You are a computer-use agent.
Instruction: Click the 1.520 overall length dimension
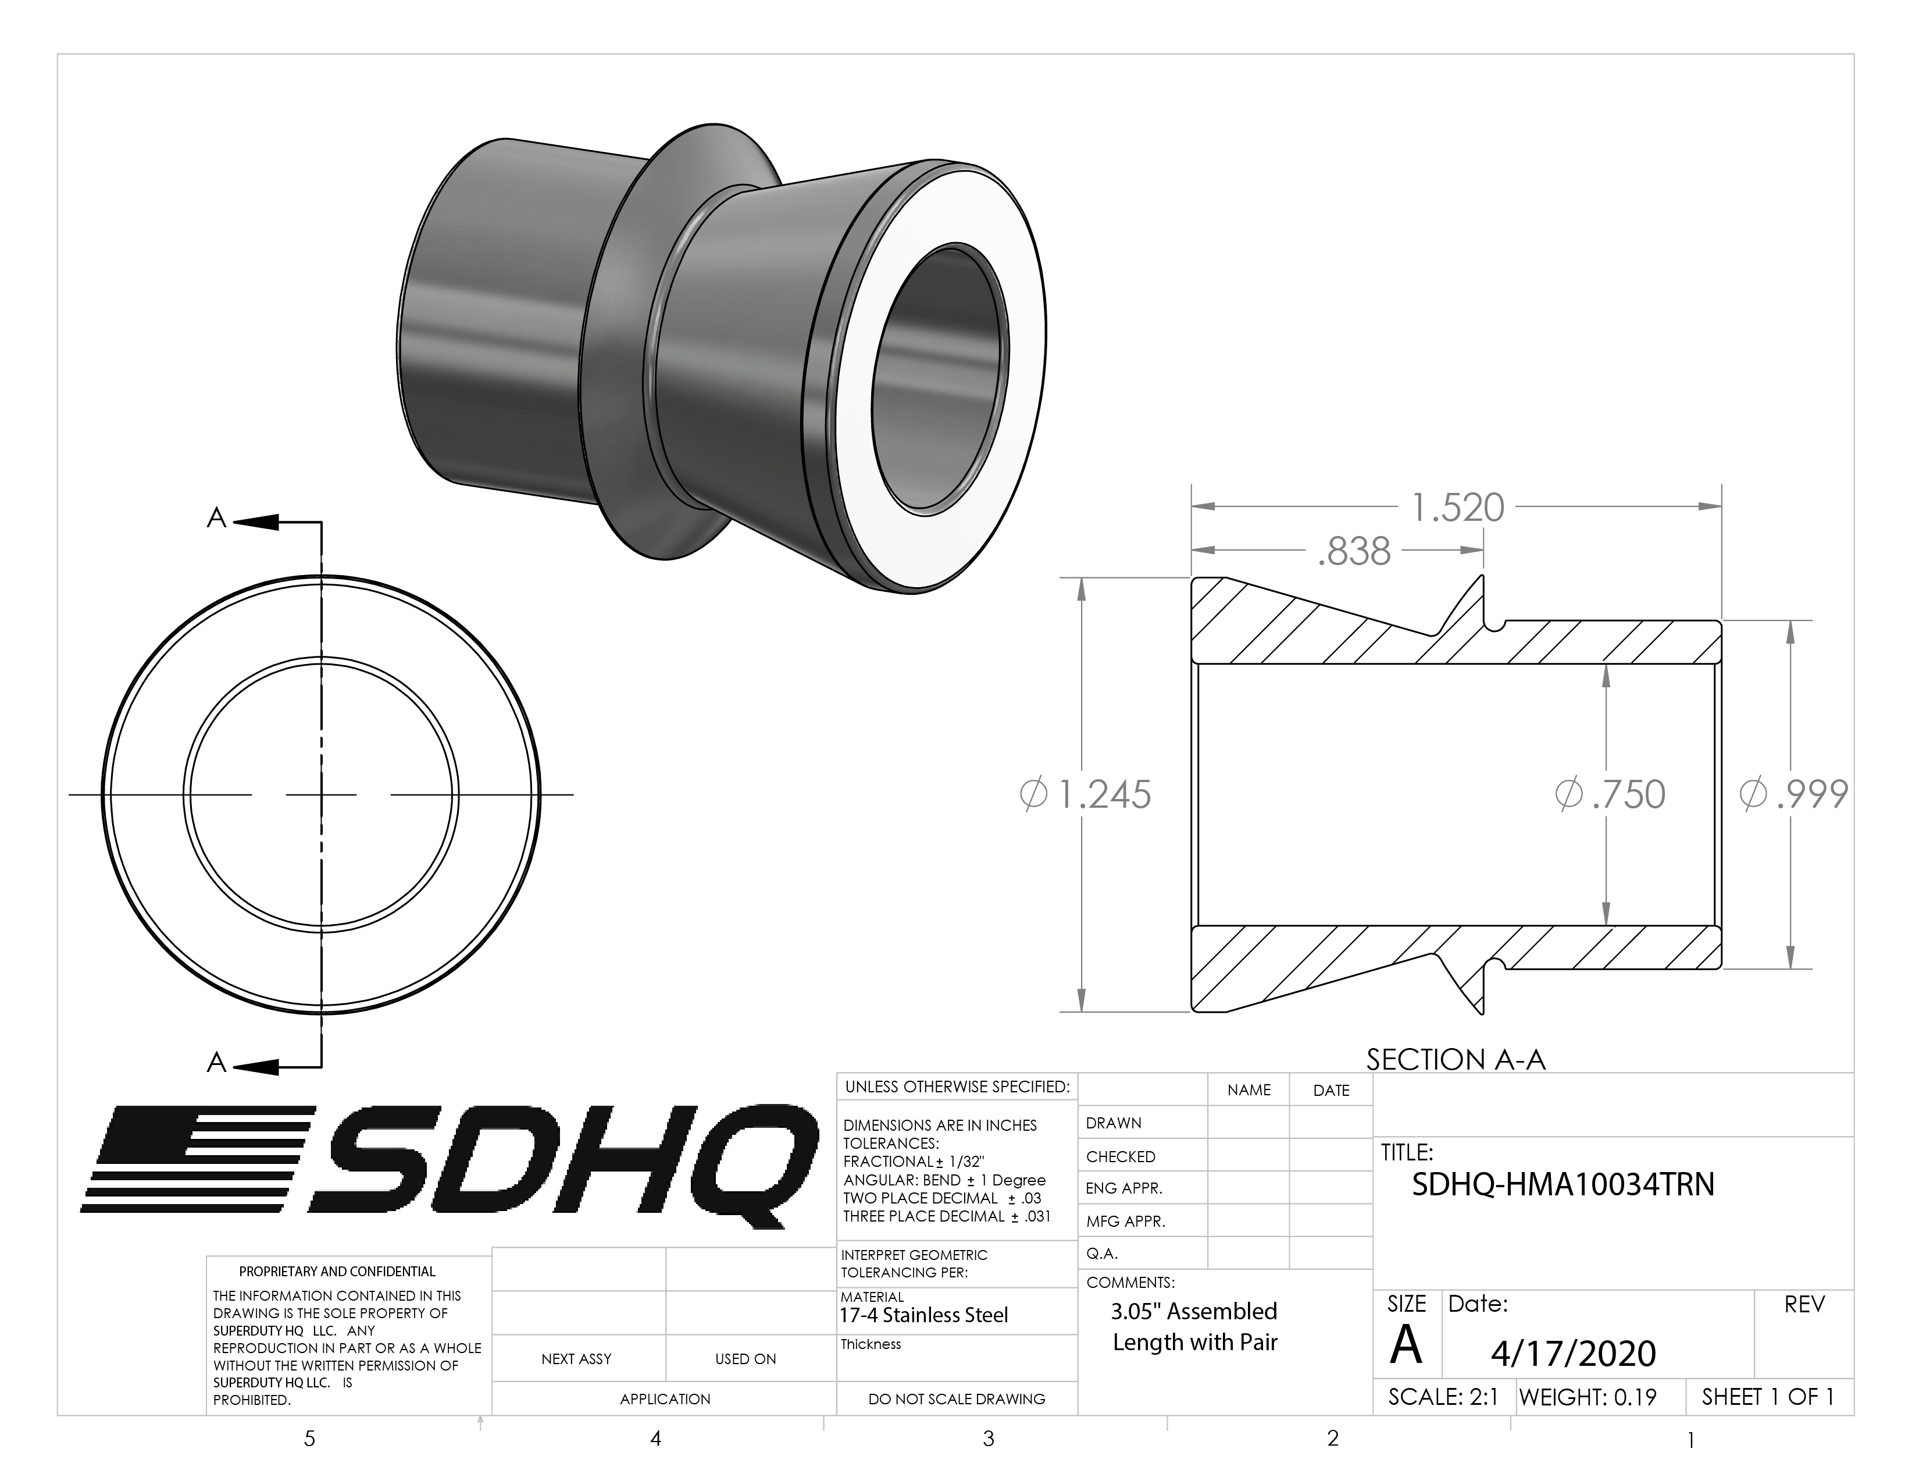pyautogui.click(x=1457, y=508)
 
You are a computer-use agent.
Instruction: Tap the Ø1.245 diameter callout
pyautogui.click(x=1085, y=795)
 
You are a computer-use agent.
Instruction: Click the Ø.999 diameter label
pyautogui.click(x=1793, y=795)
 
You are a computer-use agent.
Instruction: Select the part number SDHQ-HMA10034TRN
pyautogui.click(x=1563, y=1185)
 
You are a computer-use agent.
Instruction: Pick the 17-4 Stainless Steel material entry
pyautogui.click(x=923, y=1315)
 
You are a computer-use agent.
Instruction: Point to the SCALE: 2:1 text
pyautogui.click(x=1443, y=1397)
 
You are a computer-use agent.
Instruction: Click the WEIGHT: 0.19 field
pyautogui.click(x=1587, y=1397)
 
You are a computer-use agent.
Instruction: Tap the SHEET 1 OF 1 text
pyautogui.click(x=1767, y=1397)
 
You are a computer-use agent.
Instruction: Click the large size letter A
pyautogui.click(x=1406, y=1345)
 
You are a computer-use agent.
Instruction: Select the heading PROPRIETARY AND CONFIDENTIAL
pyautogui.click(x=337, y=1271)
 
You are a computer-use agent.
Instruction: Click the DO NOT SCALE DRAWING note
pyautogui.click(x=956, y=1398)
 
